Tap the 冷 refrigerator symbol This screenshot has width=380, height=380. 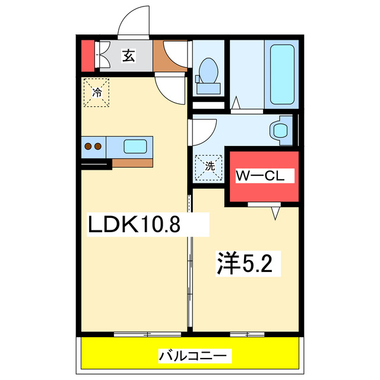pyautogui.click(x=97, y=92)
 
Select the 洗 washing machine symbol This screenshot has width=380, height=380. pyautogui.click(x=209, y=166)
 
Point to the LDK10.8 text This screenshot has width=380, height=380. pyautogui.click(x=134, y=224)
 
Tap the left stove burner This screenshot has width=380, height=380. pyautogui.click(x=87, y=145)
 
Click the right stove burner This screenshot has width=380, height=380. pyautogui.click(x=97, y=145)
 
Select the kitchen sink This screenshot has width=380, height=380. pyautogui.click(x=136, y=145)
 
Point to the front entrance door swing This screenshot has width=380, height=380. pyautogui.click(x=135, y=23)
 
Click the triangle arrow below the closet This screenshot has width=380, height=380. pyautogui.click(x=275, y=212)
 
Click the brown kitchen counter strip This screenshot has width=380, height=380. pyautogui.click(x=132, y=162)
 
